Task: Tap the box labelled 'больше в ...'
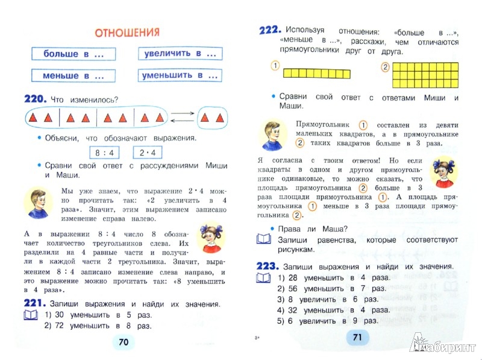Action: pyautogui.click(x=72, y=54)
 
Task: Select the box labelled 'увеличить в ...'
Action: pyautogui.click(x=179, y=54)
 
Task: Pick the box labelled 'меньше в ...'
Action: pyautogui.click(x=72, y=76)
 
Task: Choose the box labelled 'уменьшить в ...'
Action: pyautogui.click(x=179, y=76)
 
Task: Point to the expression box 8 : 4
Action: pyautogui.click(x=102, y=152)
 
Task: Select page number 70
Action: pyautogui.click(x=124, y=342)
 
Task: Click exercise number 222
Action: pyautogui.click(x=268, y=30)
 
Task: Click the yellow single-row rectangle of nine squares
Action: pyautogui.click(x=316, y=74)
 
